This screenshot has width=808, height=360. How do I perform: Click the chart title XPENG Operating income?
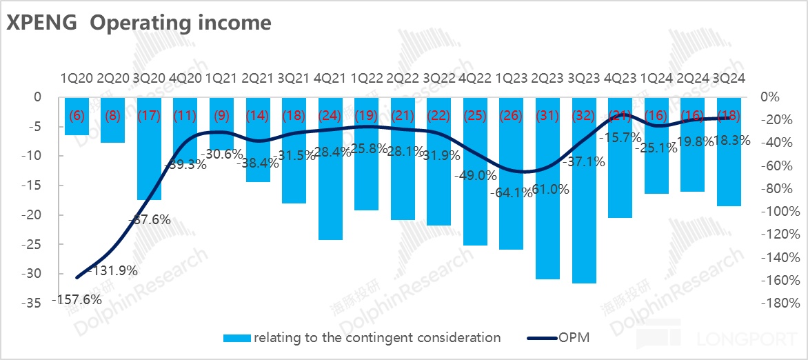click(x=139, y=23)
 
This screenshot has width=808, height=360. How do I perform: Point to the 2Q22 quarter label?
click(x=403, y=79)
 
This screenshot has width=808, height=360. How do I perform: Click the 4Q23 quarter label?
click(x=620, y=79)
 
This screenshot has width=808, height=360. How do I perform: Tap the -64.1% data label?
click(x=512, y=193)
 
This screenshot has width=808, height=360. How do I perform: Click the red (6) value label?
click(x=76, y=116)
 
